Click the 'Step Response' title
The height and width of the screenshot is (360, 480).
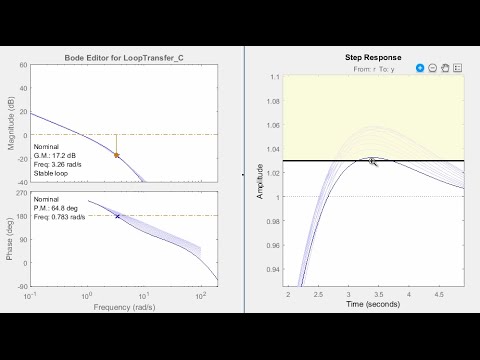[x=372, y=58]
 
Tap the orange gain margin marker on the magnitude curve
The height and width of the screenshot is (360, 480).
[x=116, y=155]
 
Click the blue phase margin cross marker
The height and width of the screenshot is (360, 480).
[x=118, y=216]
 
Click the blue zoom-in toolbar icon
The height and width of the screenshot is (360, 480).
[x=420, y=68]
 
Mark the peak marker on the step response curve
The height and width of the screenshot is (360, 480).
[x=371, y=160]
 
